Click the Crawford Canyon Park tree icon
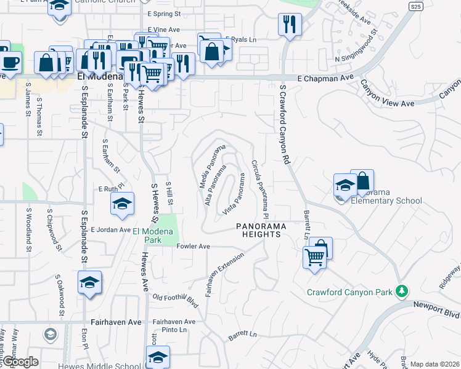click(402, 290)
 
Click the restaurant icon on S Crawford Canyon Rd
click(289, 25)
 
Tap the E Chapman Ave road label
click(325, 78)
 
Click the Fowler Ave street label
click(194, 246)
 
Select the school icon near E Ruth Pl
click(123, 204)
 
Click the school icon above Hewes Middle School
click(158, 357)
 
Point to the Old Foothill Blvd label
click(177, 300)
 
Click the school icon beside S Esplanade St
click(89, 282)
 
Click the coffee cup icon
click(10, 62)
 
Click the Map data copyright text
click(434, 364)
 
